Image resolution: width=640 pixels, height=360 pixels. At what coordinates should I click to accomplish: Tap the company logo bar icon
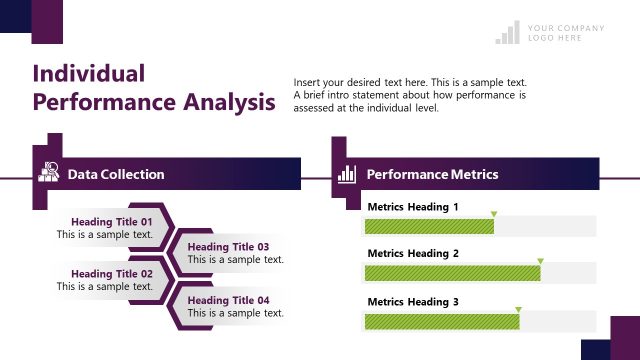(508, 33)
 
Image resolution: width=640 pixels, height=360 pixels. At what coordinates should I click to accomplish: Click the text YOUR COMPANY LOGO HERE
(566, 33)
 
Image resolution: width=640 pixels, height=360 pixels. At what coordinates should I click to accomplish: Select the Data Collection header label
(116, 174)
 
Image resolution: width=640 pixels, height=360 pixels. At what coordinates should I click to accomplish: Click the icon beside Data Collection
(49, 173)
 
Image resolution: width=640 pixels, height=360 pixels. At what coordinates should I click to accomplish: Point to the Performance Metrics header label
(432, 174)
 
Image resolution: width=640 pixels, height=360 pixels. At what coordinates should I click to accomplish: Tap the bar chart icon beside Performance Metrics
(347, 174)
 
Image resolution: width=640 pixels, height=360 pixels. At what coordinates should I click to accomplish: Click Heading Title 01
(112, 222)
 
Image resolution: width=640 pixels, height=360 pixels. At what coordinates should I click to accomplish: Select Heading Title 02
(112, 274)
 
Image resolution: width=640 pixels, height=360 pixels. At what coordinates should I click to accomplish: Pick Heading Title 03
(228, 247)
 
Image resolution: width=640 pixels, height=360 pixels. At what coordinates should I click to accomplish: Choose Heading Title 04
(228, 300)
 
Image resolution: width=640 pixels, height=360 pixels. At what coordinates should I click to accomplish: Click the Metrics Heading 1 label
(413, 207)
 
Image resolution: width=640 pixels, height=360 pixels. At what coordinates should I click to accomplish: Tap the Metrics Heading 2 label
(413, 254)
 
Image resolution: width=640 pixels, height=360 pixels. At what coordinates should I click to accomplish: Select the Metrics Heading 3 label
(413, 302)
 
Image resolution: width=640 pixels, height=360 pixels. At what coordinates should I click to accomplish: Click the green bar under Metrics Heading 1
(429, 226)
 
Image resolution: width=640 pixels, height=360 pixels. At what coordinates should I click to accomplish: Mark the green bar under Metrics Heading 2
(452, 273)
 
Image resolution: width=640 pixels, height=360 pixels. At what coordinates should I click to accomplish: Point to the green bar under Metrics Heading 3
(441, 321)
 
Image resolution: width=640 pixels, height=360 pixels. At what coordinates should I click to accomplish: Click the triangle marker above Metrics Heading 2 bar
(540, 262)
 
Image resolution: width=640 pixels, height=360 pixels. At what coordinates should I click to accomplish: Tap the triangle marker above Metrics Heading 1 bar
(493, 214)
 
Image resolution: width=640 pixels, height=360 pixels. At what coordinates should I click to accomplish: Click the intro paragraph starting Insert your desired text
(410, 95)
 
